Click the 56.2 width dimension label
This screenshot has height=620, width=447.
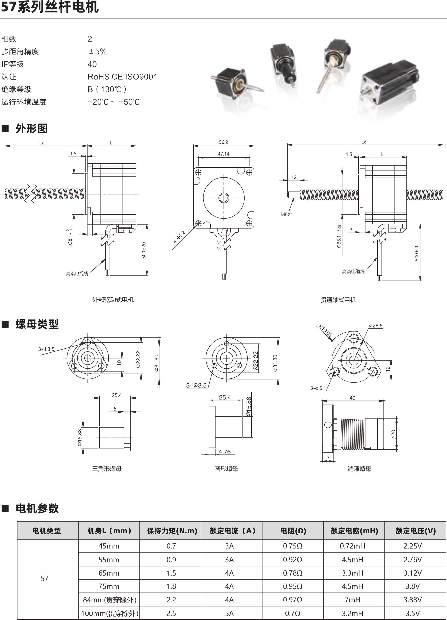click(x=223, y=142)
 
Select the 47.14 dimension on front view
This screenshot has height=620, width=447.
click(x=223, y=154)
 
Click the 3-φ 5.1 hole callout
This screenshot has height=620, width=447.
click(x=318, y=388)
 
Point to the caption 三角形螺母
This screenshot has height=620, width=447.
click(x=107, y=469)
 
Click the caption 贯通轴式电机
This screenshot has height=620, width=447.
click(x=338, y=300)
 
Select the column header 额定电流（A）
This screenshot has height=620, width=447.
click(x=232, y=531)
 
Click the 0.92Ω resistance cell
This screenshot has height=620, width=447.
click(x=293, y=560)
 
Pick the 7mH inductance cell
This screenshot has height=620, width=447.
click(x=352, y=600)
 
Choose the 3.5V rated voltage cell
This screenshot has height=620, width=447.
click(x=413, y=613)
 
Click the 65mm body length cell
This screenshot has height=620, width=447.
click(x=109, y=573)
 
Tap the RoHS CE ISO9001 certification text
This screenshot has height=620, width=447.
click(x=122, y=77)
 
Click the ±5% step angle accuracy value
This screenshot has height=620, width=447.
click(x=97, y=52)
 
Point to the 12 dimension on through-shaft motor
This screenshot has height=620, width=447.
click(x=294, y=177)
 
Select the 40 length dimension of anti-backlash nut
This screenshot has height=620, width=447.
click(x=352, y=398)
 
